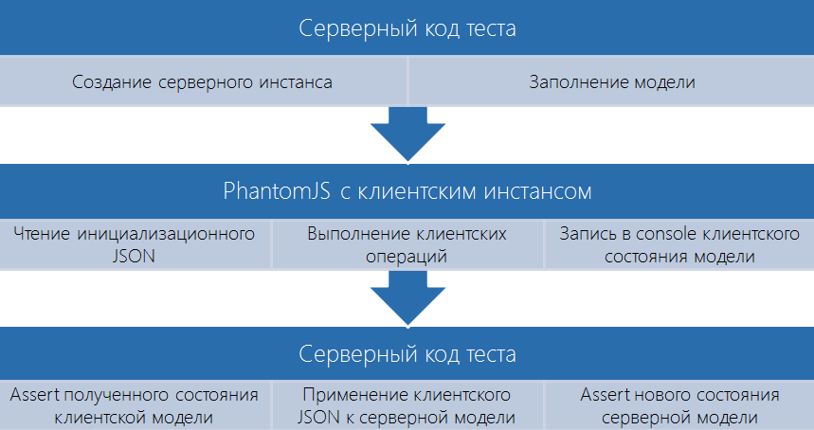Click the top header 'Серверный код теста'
pyautogui.click(x=407, y=28)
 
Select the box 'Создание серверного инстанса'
pyautogui.click(x=203, y=82)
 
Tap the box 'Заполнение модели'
pyautogui.click(x=611, y=82)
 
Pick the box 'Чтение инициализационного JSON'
pyautogui.click(x=135, y=243)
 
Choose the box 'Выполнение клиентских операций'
pyautogui.click(x=407, y=243)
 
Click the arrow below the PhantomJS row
pyautogui.click(x=407, y=296)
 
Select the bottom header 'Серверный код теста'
pyautogui.click(x=407, y=354)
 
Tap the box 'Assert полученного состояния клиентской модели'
pyautogui.click(x=135, y=405)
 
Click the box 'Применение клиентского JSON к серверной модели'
pyautogui.click(x=407, y=405)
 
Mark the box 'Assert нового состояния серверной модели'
pyautogui.click(x=678, y=405)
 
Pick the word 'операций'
pyautogui.click(x=407, y=255)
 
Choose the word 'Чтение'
pyautogui.click(x=42, y=233)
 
